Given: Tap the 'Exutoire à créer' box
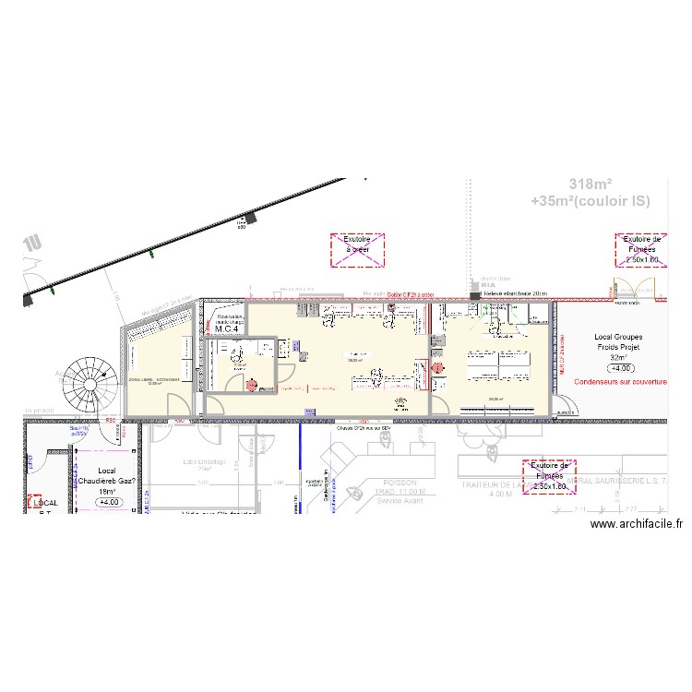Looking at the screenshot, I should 357,250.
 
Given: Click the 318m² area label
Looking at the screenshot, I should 591,184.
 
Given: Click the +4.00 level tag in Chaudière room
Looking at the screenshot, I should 110,503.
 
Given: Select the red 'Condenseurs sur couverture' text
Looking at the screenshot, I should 619,380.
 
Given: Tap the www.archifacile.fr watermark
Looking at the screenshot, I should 636,523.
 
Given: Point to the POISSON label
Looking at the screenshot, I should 399,483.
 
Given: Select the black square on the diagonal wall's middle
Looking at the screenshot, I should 248,220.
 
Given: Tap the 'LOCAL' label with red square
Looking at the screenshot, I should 45,503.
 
